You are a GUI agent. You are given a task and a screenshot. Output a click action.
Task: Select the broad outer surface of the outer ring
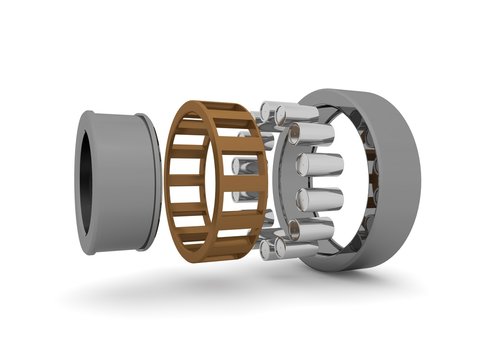(x=395, y=180)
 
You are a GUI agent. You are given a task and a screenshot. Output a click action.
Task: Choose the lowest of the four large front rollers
(x=316, y=231)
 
